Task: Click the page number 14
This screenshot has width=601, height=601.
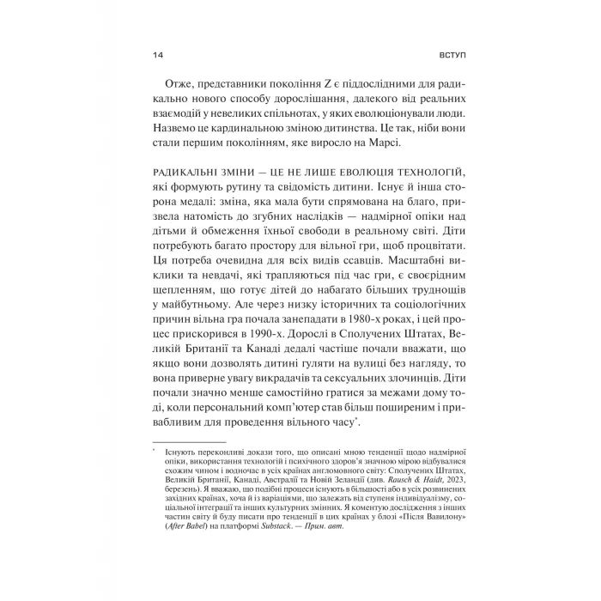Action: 156,56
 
